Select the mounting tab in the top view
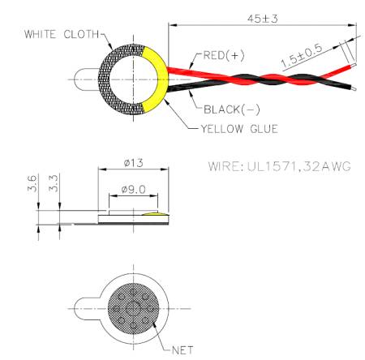pyautogui.click(x=85, y=79)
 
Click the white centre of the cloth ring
pyautogui.click(x=132, y=79)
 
